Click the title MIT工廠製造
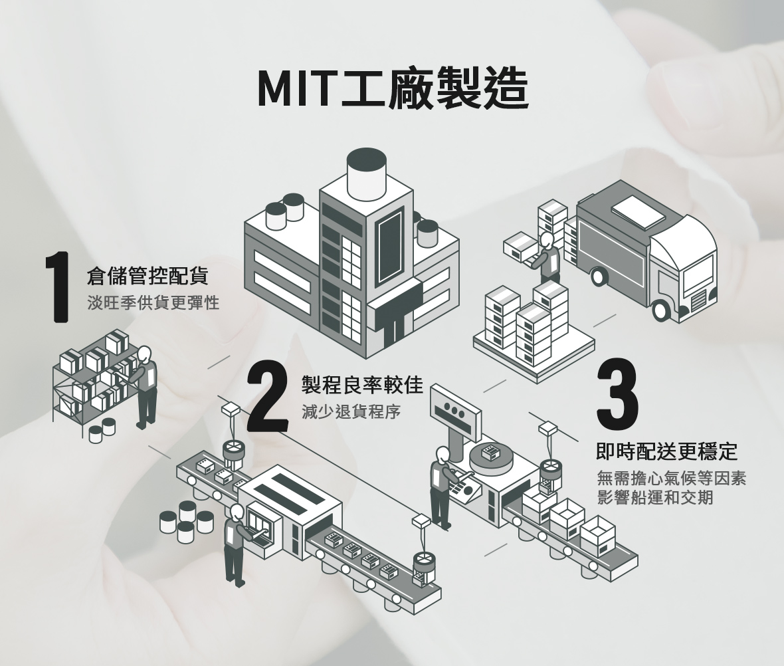pos(393,88)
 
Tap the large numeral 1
pos(58,288)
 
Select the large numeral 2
pos(268,397)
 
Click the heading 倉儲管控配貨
pos(148,275)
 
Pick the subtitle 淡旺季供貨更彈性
pos(153,302)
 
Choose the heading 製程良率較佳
pos(363,384)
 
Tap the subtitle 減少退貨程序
pos(351,411)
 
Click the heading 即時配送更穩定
pos(668,451)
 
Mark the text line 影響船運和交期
pos(655,497)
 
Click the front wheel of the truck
pos(661,310)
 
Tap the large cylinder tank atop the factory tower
pos(367,173)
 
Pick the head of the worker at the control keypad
pos(442,456)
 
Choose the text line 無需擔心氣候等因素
pos(672,479)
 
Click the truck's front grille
pos(698,301)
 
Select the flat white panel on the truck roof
pos(639,211)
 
